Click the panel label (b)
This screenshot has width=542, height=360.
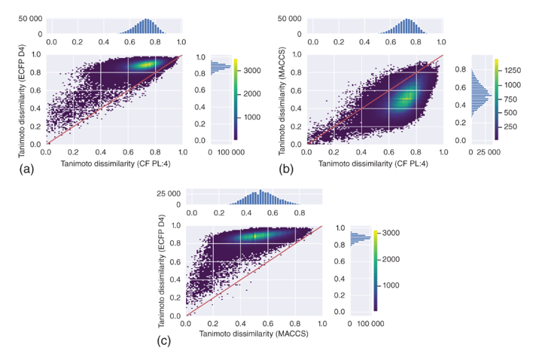coord(285,170)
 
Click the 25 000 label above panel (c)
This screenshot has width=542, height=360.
coord(164,193)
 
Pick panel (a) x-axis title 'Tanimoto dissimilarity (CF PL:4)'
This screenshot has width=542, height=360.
coord(113,163)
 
